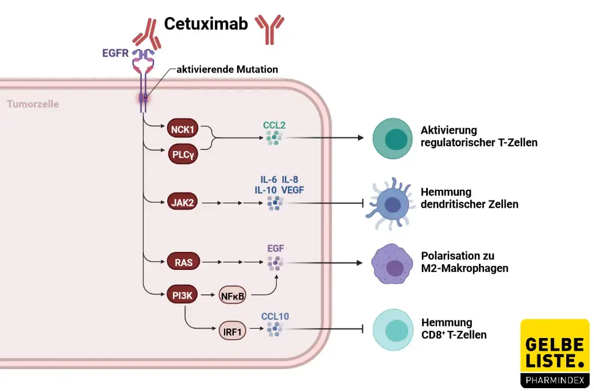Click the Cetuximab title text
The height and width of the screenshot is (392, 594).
[205, 23]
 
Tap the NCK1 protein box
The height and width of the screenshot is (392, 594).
[183, 130]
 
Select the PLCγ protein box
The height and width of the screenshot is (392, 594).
[183, 154]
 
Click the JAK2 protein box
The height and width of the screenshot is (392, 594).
[183, 203]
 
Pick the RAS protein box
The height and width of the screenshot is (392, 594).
[183, 262]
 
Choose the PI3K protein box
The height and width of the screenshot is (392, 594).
[183, 296]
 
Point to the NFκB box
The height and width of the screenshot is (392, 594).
[233, 296]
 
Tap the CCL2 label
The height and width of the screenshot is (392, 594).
[274, 124]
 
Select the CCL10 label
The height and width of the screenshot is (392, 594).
[275, 316]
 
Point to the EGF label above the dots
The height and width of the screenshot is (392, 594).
[275, 249]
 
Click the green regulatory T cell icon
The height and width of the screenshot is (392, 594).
[391, 138]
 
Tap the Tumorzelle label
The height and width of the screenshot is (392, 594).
[33, 104]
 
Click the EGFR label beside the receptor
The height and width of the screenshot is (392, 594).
[115, 53]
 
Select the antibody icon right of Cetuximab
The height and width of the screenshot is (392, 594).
[270, 28]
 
